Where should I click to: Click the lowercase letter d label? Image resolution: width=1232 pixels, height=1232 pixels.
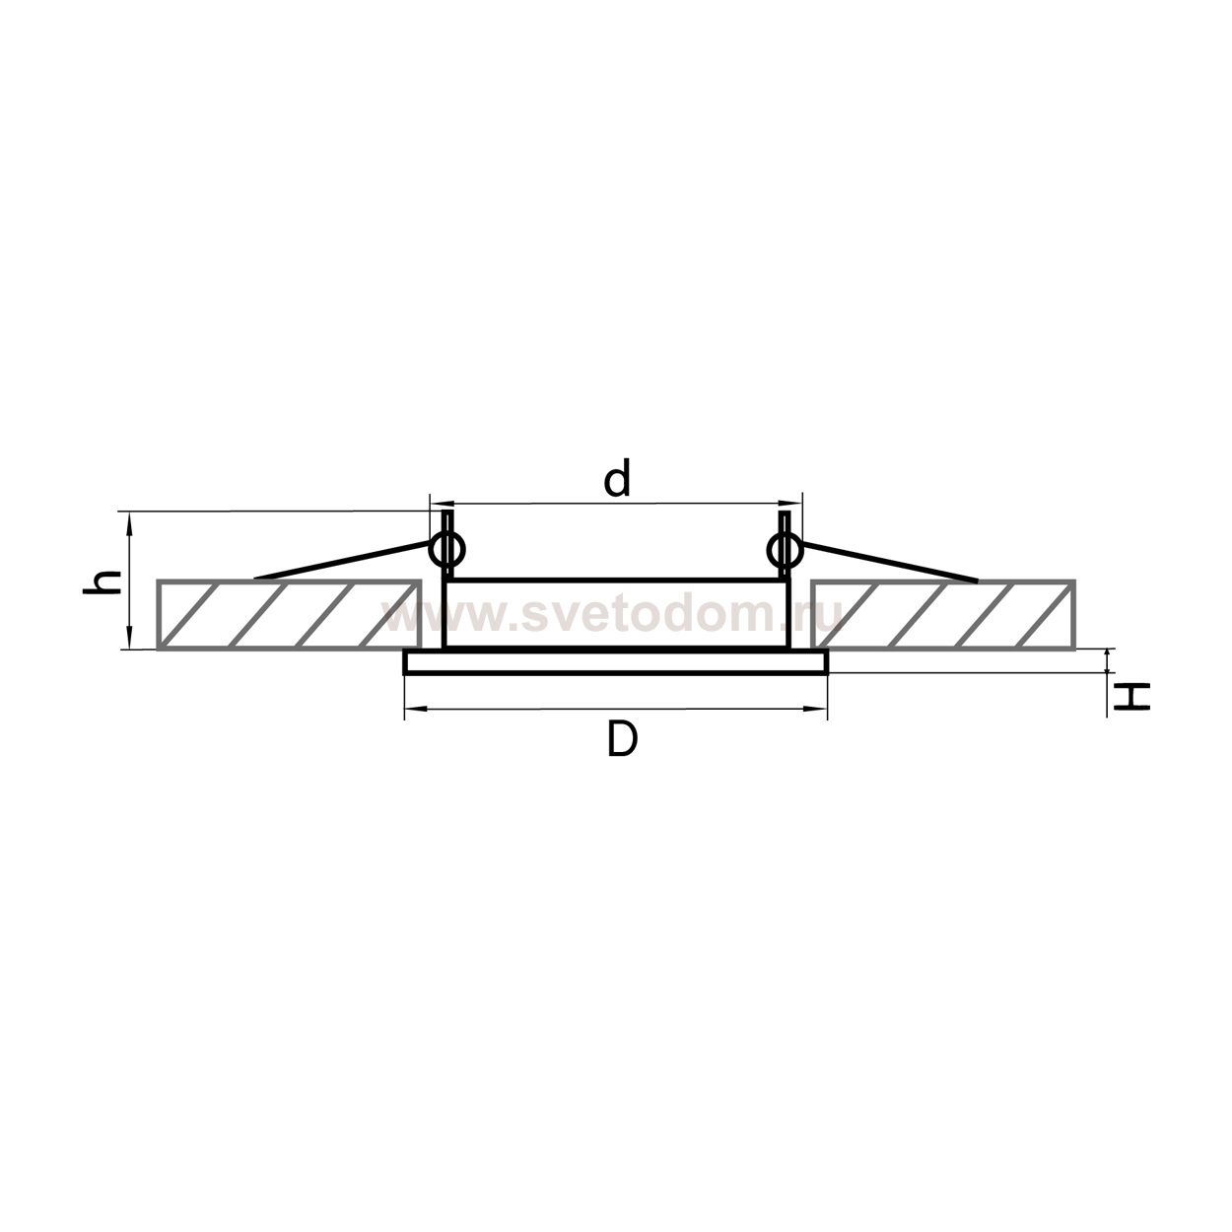click(x=617, y=478)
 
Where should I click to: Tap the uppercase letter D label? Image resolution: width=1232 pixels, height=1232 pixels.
click(x=622, y=741)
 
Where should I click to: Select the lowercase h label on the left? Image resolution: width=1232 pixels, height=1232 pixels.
click(x=103, y=582)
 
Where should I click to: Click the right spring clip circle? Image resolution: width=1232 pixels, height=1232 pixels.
click(x=784, y=549)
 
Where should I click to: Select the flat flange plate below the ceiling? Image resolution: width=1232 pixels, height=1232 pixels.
click(x=616, y=661)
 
